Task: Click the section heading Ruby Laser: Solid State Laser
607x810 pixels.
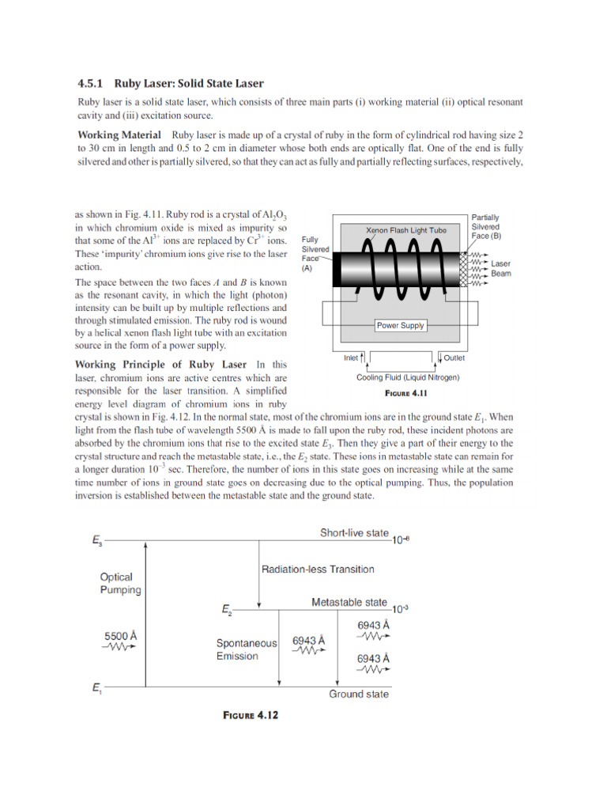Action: coord(170,83)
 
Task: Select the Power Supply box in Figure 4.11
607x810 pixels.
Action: coord(400,325)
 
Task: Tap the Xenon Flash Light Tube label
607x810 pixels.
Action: coord(405,230)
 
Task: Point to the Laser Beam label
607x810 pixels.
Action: coord(501,269)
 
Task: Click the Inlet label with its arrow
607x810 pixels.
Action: coord(353,358)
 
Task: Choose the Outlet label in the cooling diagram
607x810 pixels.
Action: coord(452,358)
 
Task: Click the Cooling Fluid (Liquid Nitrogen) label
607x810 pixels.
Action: coord(408,377)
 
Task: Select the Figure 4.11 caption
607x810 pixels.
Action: coord(405,392)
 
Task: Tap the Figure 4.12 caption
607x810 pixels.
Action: coord(251,715)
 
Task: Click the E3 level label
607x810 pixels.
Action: coord(96,542)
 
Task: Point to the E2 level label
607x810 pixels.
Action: coord(226,610)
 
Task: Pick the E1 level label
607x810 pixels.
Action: coord(96,688)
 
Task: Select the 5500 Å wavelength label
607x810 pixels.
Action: coord(123,635)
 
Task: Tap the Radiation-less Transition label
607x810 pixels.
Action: coord(318,569)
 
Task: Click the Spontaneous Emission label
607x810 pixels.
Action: coord(247,649)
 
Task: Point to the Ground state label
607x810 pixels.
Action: coord(359,694)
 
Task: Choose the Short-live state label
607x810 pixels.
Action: coord(355,533)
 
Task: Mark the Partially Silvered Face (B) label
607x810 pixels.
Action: coord(485,226)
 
